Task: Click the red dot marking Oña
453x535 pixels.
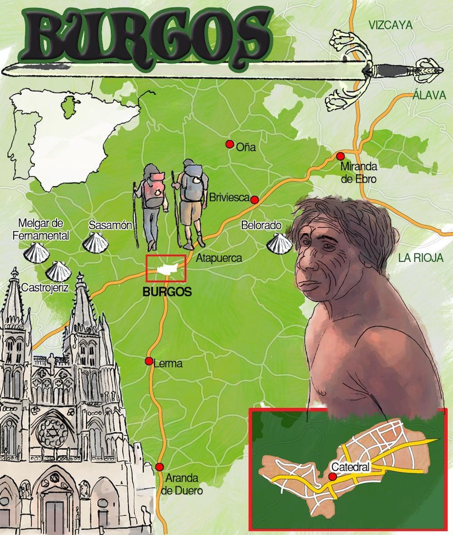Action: [x=229, y=144]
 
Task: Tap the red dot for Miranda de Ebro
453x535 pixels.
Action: [x=340, y=156]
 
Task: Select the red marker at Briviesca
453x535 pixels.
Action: [x=254, y=200]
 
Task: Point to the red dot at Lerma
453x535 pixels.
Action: [x=149, y=361]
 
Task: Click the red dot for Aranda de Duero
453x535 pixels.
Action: [x=160, y=466]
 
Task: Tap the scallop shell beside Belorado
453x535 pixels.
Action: [x=279, y=243]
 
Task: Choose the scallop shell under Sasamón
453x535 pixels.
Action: [x=95, y=243]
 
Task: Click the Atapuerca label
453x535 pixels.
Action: [x=219, y=258]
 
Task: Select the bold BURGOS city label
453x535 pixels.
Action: [x=167, y=292]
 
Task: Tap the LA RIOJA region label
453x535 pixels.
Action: [x=420, y=258]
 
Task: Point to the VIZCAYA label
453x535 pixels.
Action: [x=390, y=25]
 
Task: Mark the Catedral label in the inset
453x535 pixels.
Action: [x=349, y=467]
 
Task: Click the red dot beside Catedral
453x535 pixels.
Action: [x=332, y=476]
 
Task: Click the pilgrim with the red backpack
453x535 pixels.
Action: [x=152, y=203]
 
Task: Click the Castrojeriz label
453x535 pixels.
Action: [x=45, y=288]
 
